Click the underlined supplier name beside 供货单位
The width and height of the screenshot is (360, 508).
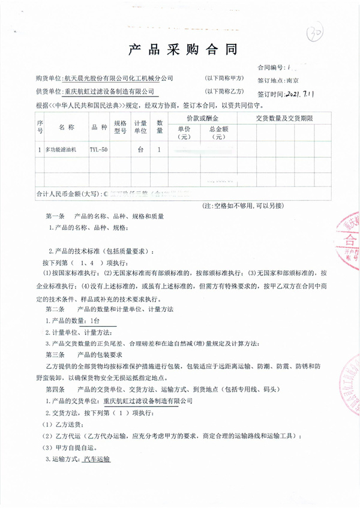pyautogui.click(x=111, y=92)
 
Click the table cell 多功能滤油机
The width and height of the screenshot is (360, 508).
pyautogui.click(x=65, y=149)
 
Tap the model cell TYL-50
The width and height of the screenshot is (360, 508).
pyautogui.click(x=98, y=149)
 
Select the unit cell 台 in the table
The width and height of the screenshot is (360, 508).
pyautogui.click(x=140, y=149)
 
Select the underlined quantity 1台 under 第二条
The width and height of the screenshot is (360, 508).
pyautogui.click(x=97, y=320)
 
